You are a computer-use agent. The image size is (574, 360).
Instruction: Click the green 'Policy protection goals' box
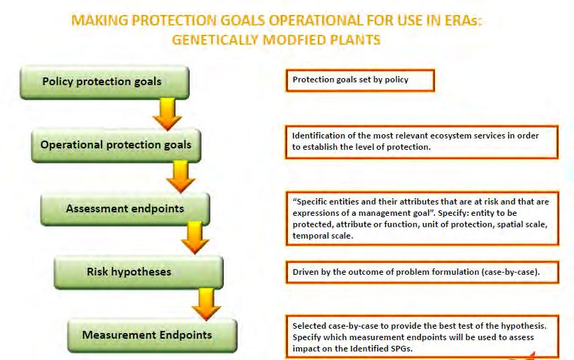[104, 82]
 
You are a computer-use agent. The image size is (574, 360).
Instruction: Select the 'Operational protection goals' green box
[116, 146]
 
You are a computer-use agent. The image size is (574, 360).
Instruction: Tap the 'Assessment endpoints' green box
[125, 209]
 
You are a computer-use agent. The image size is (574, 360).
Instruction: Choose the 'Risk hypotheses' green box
[139, 273]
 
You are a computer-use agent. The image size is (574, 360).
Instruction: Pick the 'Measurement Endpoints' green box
[152, 336]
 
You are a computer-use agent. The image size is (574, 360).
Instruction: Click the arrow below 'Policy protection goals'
[167, 114]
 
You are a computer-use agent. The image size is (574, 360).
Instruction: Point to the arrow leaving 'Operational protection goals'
[181, 177]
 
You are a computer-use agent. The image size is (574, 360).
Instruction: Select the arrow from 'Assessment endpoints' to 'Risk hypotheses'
[195, 238]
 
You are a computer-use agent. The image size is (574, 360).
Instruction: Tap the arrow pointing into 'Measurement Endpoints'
[206, 305]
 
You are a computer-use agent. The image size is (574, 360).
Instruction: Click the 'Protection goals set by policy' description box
[360, 80]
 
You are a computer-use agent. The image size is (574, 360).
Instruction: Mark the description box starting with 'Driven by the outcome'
[423, 272]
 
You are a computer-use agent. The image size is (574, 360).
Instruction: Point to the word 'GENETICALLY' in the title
[215, 40]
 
